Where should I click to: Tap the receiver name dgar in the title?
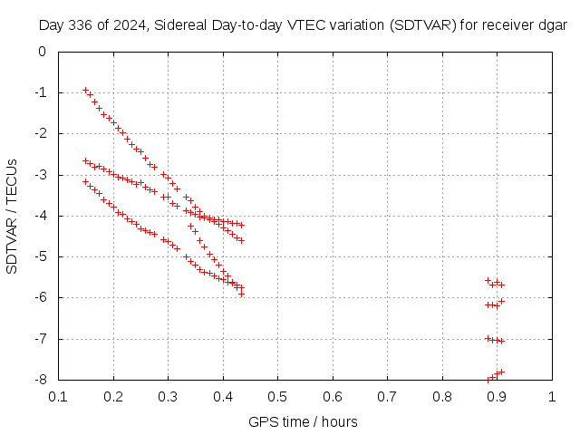pyautogui.click(x=550, y=25)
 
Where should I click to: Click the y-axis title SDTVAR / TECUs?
pyautogui.click(x=13, y=216)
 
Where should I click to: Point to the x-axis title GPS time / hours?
pyautogui.click(x=303, y=421)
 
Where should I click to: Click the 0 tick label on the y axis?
pyautogui.click(x=42, y=52)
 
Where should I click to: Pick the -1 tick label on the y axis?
pyautogui.click(x=40, y=92)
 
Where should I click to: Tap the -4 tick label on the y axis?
pyautogui.click(x=40, y=216)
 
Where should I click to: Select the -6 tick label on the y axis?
pyautogui.click(x=40, y=297)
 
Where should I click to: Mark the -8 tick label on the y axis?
pyautogui.click(x=40, y=380)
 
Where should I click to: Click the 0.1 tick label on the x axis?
pyautogui.click(x=59, y=396)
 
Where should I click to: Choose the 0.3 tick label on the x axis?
pyautogui.click(x=169, y=396)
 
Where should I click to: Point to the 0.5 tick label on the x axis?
pyautogui.click(x=278, y=396)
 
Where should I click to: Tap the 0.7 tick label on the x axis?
pyautogui.click(x=388, y=396)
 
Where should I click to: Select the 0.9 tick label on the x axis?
pyautogui.click(x=498, y=396)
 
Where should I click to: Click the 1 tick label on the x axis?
pyautogui.click(x=552, y=396)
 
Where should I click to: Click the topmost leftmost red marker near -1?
pyautogui.click(x=85, y=90)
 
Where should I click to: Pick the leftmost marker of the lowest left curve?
pyautogui.click(x=85, y=181)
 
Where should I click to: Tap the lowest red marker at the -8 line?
pyautogui.click(x=488, y=380)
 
